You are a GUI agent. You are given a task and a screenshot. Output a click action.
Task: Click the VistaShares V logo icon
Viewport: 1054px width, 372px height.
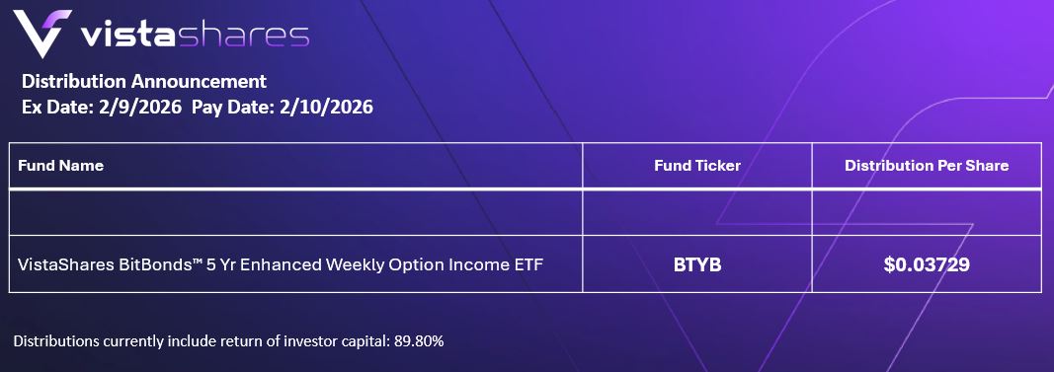coord(41,34)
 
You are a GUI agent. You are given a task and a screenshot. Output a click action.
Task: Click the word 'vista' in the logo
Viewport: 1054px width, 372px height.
coord(128,36)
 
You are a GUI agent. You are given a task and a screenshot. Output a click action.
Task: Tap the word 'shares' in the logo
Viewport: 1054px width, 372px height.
coord(243,36)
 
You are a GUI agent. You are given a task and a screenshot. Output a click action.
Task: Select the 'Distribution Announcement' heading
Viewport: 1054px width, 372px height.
coord(144,82)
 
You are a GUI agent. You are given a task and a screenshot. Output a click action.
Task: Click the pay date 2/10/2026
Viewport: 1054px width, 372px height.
coord(325,107)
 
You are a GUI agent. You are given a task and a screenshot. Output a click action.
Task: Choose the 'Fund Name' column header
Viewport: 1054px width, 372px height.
coord(60,165)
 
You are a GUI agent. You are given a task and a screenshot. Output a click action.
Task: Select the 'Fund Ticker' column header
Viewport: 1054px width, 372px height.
coord(697,165)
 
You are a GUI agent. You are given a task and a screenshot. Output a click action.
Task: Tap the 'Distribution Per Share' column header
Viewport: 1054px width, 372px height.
coord(927,165)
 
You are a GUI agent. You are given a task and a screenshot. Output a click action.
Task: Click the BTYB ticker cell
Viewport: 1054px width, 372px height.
coord(697,264)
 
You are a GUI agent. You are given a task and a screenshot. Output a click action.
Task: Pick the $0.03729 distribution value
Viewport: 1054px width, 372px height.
coord(927,264)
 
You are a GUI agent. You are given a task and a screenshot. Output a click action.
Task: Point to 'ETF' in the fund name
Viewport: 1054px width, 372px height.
coord(529,264)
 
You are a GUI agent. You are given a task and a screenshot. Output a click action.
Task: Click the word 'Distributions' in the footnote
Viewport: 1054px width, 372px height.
coord(55,341)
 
